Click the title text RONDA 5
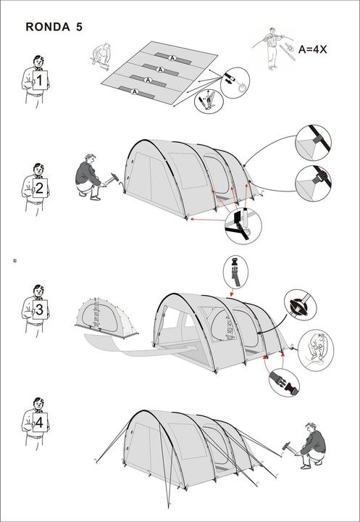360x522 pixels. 54,28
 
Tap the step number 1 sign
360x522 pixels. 40,80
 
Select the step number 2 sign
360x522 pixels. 40,188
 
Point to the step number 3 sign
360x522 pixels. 40,310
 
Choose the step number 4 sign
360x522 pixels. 39,421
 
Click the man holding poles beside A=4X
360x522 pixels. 272,47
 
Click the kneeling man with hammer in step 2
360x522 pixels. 89,176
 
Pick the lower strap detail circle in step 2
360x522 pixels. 313,181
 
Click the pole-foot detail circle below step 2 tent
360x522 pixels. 243,225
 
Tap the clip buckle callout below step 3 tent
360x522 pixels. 283,381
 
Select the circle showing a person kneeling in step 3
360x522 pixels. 316,349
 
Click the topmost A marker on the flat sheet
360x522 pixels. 172,57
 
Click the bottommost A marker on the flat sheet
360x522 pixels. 135,91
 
